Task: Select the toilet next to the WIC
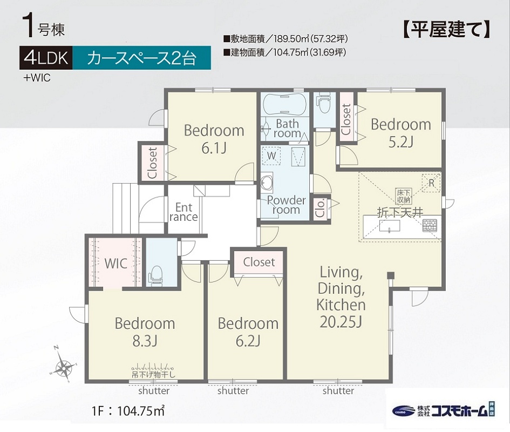point(156,275)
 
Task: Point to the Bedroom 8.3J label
point(145,332)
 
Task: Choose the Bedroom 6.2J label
point(248,332)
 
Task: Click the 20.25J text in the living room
point(341,322)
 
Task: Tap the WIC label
point(116,264)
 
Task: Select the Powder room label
point(286,205)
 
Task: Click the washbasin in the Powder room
point(267,181)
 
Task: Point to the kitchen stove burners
point(430,225)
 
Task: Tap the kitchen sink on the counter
point(389,226)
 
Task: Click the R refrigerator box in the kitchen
point(431,183)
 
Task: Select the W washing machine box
point(271,156)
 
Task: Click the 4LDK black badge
point(46,58)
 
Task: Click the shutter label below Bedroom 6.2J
point(233,390)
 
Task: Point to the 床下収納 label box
point(404,197)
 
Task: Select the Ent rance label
point(183,212)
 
